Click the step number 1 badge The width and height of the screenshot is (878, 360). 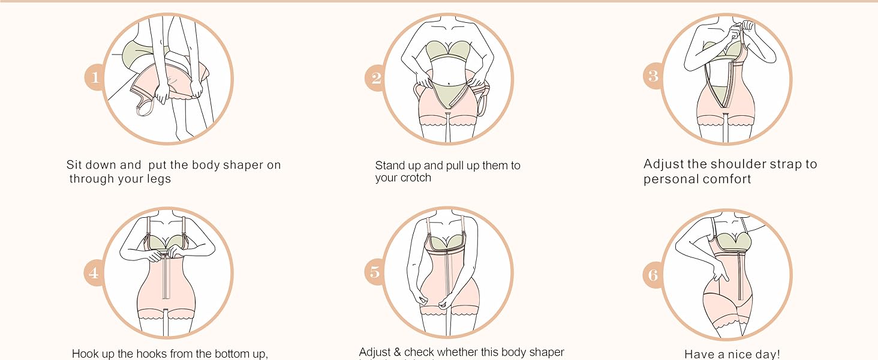(x=95, y=77)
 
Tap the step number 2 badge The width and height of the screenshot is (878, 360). (x=376, y=78)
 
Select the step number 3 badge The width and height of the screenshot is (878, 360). (x=654, y=76)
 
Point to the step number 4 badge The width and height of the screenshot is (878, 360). (x=94, y=274)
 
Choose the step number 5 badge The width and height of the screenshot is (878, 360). (x=375, y=272)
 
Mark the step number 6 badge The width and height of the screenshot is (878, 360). (x=654, y=275)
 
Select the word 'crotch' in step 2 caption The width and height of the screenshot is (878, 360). (x=415, y=178)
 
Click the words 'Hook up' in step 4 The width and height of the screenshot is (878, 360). (x=97, y=353)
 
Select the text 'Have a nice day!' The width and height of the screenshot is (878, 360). (x=732, y=355)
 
